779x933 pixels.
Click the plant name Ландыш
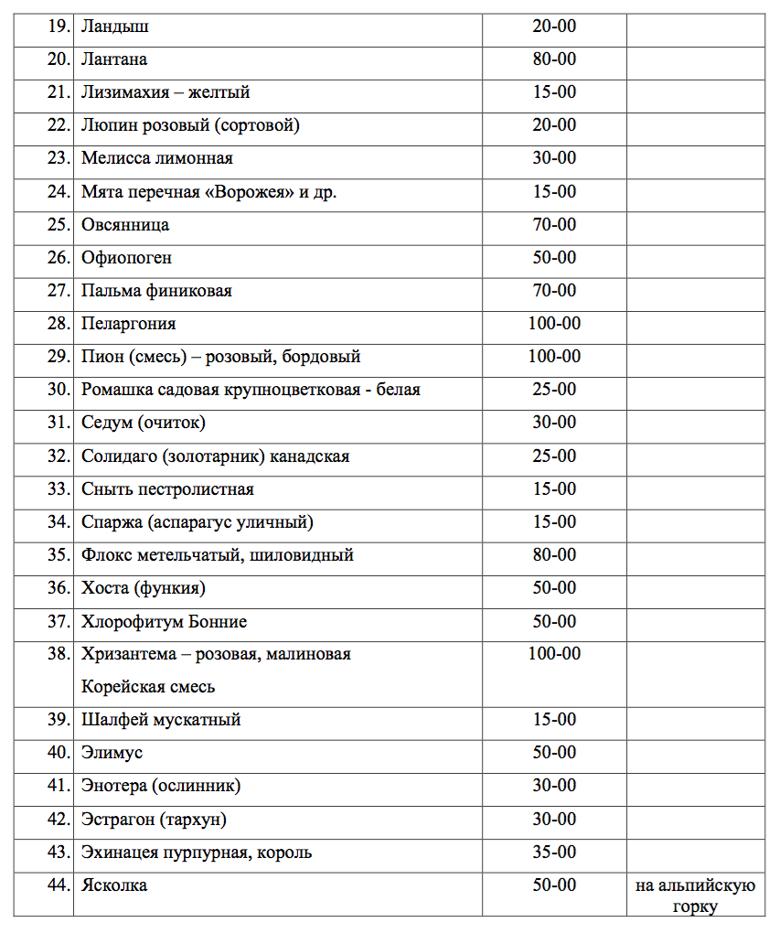pos(115,27)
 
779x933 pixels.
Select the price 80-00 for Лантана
pos(554,59)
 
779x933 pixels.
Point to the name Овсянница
pos(125,224)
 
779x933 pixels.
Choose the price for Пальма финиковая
pos(554,291)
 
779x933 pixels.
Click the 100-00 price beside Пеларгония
pos(554,324)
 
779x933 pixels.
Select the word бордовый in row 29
pos(324,357)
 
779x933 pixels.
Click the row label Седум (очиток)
pos(144,423)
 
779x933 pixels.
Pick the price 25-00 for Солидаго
pos(554,456)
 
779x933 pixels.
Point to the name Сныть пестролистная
pos(167,489)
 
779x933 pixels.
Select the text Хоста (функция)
pos(144,588)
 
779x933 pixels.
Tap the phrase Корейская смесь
pos(148,686)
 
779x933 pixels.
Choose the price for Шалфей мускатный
pos(554,720)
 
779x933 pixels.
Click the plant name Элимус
pos(112,753)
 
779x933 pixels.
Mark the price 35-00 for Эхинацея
pos(554,853)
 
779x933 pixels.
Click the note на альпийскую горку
pos(695,895)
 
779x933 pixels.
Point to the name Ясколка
pos(114,885)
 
